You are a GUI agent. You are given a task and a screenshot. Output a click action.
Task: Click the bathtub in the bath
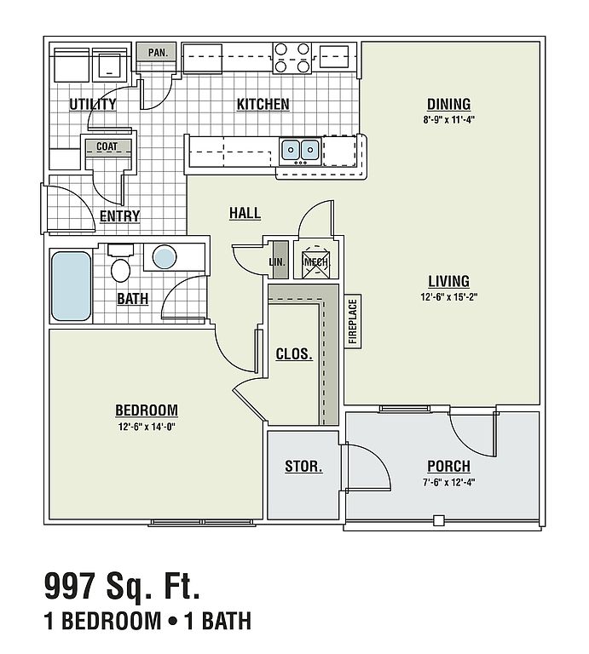(71, 286)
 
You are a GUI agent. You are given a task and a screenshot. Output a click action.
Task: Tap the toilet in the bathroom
(120, 264)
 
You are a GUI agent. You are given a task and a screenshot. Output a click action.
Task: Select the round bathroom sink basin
(164, 257)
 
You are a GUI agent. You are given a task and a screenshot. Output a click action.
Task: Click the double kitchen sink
(300, 149)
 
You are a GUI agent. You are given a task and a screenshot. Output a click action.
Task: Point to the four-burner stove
(292, 58)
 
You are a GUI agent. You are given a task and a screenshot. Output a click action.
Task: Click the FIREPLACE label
(353, 321)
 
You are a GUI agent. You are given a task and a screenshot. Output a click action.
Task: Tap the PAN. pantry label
(158, 53)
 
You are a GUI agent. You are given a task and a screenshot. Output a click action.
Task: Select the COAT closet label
(107, 146)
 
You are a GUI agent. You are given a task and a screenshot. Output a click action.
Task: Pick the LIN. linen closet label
(277, 262)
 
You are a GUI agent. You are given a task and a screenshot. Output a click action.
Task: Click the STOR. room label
(303, 467)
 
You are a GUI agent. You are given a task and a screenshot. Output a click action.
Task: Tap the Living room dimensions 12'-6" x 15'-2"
(448, 297)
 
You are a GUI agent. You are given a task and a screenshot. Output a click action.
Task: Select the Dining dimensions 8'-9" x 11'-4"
(448, 120)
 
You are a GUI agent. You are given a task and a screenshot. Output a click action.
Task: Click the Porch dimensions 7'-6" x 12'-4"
(448, 483)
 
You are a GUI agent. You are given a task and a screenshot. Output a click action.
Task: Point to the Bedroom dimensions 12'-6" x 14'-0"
(147, 427)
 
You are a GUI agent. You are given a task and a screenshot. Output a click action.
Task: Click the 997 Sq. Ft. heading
(122, 587)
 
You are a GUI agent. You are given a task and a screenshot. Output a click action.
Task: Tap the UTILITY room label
(93, 104)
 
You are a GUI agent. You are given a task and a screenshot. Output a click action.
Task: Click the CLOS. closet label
(294, 354)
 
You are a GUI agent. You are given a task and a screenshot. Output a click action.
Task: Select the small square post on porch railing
(438, 520)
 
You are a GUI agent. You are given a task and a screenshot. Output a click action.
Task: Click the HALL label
(245, 213)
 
